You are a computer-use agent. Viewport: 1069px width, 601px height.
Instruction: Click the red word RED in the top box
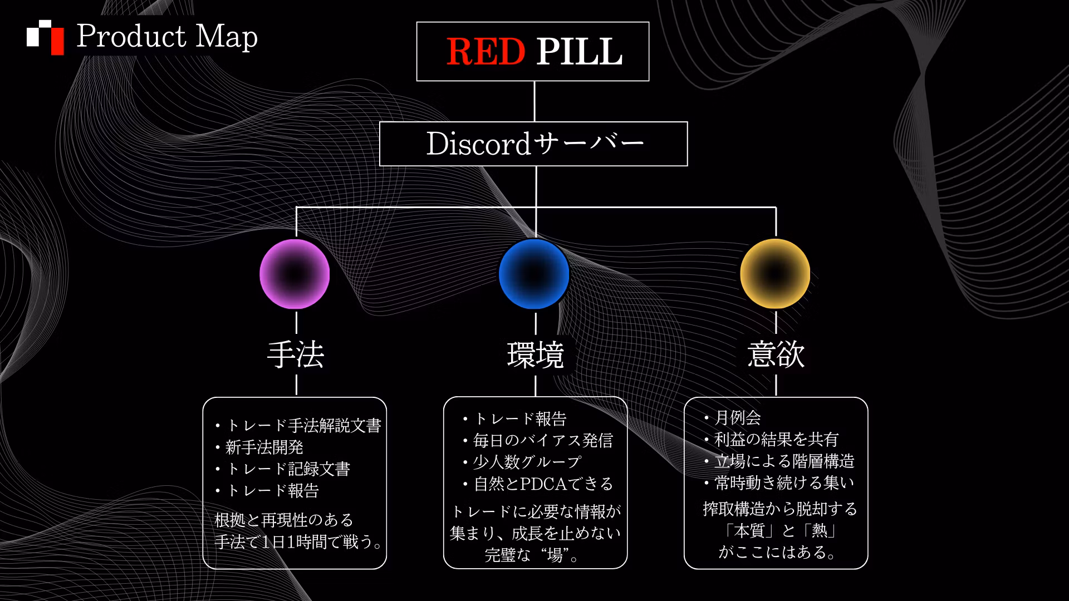pos(486,51)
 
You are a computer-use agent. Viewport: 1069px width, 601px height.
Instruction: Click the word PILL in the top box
pos(579,51)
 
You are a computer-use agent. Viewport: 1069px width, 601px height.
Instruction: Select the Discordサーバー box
pos(533,144)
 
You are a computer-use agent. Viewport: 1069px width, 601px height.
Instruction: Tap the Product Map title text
pos(167,36)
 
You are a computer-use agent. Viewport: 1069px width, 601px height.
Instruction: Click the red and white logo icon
pos(46,37)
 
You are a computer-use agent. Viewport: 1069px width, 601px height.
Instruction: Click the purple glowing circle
pos(295,274)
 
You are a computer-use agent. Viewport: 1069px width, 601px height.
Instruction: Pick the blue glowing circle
pos(534,274)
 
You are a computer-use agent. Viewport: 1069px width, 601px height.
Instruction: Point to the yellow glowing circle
pos(775,274)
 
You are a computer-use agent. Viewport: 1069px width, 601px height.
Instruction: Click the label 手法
pos(296,354)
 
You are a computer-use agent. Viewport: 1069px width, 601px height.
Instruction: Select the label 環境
pos(536,354)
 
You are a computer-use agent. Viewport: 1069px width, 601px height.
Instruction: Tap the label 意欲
pos(776,354)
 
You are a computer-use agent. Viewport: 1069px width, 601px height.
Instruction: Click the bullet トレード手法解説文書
pos(298,426)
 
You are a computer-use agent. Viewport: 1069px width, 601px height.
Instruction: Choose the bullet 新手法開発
pos(259,447)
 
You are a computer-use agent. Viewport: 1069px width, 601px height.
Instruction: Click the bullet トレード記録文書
pos(282,469)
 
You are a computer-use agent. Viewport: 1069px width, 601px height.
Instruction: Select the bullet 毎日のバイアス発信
pos(537,441)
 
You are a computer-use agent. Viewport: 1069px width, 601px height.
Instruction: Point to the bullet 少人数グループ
pos(522,462)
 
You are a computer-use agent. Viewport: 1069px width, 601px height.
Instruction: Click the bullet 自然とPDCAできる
pos(537,484)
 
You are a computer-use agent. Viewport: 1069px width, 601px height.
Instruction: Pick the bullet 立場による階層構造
pos(778,461)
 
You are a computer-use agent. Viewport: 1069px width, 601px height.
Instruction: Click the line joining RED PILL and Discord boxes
pos(534,101)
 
